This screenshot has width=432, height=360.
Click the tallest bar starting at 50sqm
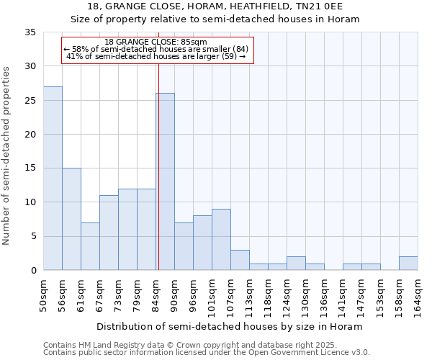click(53, 179)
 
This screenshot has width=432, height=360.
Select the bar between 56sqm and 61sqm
click(71, 219)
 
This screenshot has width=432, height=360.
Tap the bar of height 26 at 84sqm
click(166, 181)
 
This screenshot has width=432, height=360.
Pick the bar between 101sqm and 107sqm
click(221, 239)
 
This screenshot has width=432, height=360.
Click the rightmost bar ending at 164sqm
click(408, 264)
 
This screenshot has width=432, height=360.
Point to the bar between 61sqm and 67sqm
click(90, 246)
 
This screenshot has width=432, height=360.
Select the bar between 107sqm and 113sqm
click(240, 260)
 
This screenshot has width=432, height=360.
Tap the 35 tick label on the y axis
click(30, 32)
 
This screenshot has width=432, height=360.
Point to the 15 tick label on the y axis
click(30, 168)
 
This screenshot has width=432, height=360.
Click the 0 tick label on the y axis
click(32, 271)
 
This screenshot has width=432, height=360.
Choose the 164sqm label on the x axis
click(418, 296)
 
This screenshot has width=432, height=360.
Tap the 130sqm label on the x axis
click(305, 296)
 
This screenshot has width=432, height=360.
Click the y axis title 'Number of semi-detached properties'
click(7, 156)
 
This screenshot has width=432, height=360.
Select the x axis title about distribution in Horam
click(229, 326)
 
